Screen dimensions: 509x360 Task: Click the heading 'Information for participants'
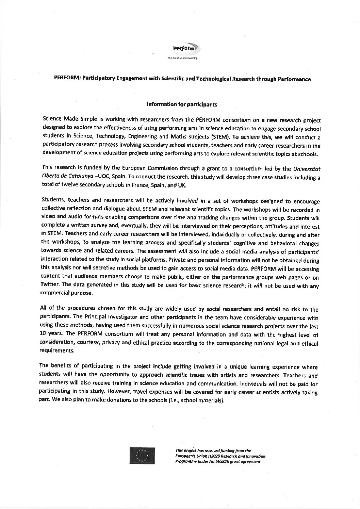(181, 104)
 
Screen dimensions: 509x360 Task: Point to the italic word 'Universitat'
(307, 169)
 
